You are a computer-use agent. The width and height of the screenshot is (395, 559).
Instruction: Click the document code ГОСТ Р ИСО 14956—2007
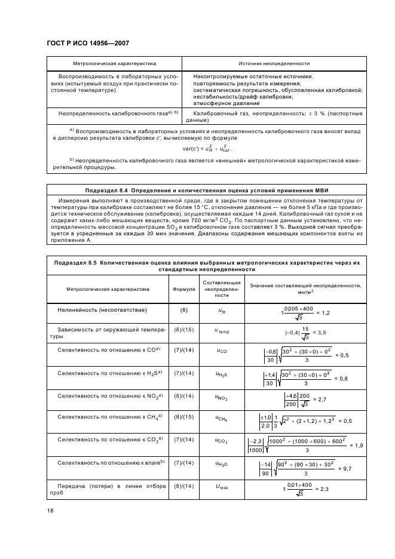point(88,44)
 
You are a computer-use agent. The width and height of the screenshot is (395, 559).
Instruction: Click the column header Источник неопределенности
point(274,63)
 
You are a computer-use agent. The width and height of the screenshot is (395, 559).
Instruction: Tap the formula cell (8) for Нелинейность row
point(183,311)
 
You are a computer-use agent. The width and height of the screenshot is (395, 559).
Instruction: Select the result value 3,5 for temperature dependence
point(323,332)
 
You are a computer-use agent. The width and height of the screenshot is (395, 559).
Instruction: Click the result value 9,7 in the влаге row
point(344,469)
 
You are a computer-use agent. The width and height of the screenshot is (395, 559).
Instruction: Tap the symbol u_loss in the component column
point(221,487)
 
